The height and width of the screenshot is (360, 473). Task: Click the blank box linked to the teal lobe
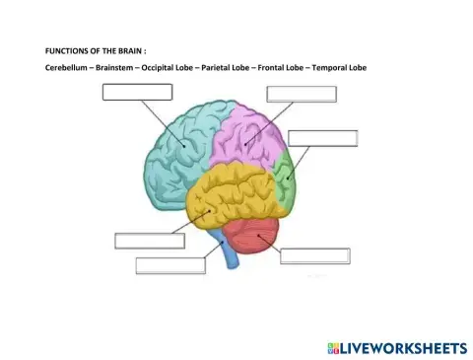pyautogui.click(x=138, y=92)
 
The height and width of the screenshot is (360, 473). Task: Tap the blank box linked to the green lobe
pyautogui.click(x=323, y=138)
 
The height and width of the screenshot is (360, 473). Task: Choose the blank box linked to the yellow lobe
pyautogui.click(x=150, y=241)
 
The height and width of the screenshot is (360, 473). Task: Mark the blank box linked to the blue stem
pyautogui.click(x=170, y=264)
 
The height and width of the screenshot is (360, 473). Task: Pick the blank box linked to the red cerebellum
pyautogui.click(x=315, y=256)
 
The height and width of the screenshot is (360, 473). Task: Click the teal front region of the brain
pyautogui.click(x=182, y=148)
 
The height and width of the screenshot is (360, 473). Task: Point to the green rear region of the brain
pyautogui.click(x=285, y=176)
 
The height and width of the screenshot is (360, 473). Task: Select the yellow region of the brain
pyautogui.click(x=232, y=197)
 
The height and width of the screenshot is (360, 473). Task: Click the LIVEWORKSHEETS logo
pyautogui.click(x=394, y=347)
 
